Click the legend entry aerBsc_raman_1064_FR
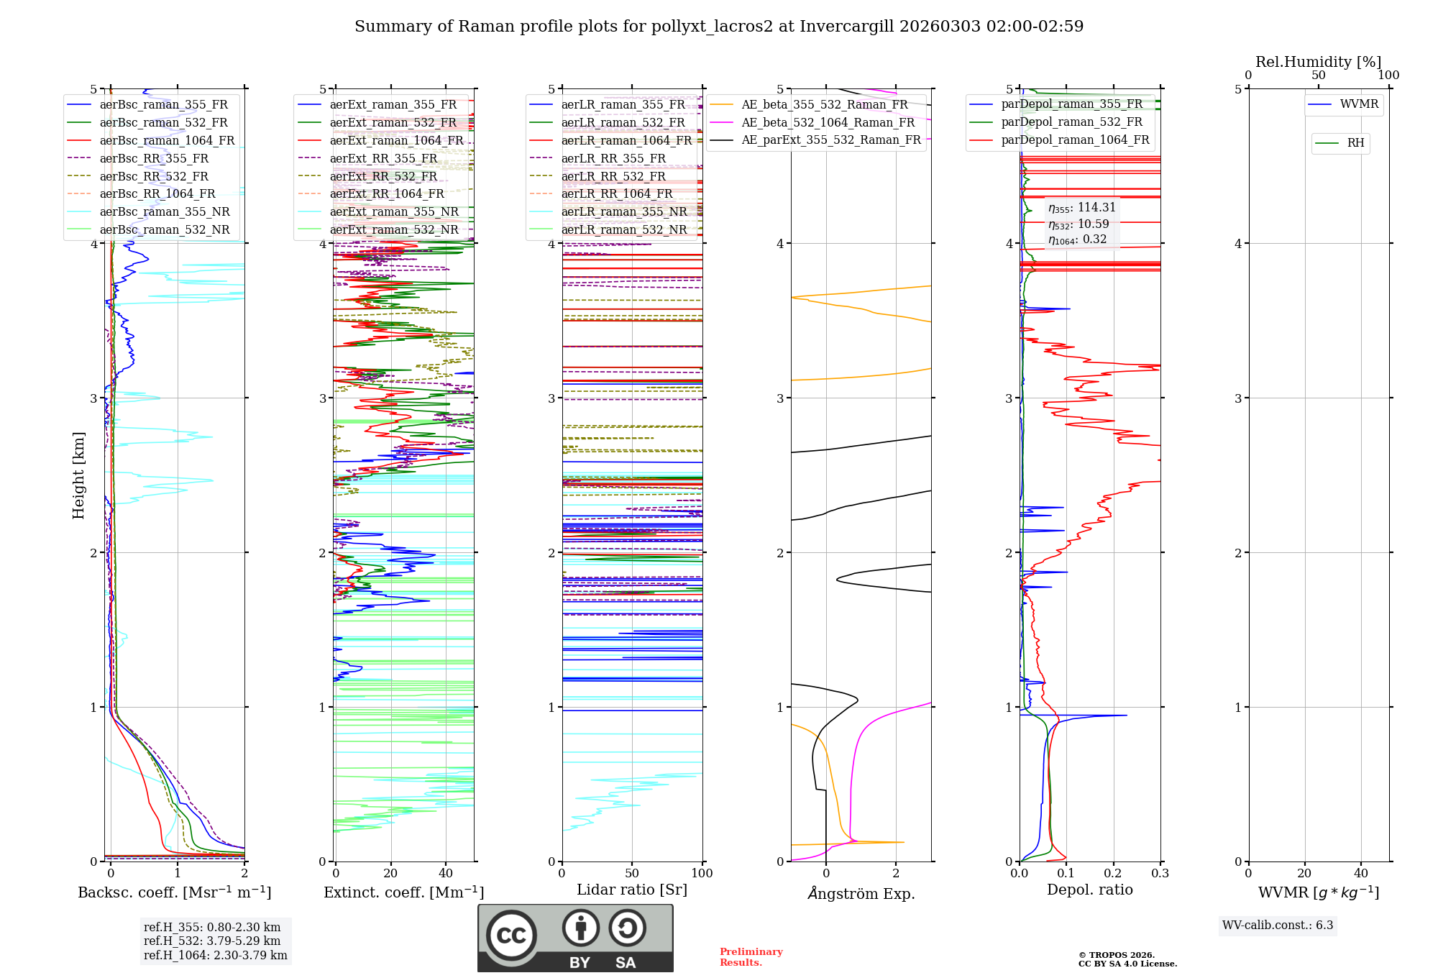167,140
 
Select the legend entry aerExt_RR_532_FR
383,176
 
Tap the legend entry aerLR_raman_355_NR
623,211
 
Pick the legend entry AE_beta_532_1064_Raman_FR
828,122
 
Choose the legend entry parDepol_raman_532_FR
1071,122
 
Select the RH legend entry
1355,143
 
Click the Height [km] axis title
78,475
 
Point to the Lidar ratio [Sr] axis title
632,890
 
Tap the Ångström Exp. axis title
861,893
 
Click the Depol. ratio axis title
1089,890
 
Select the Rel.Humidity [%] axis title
1318,62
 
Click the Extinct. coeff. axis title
403,892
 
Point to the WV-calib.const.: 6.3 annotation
1278,925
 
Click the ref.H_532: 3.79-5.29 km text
212,941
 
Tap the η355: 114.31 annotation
1082,208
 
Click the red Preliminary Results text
751,956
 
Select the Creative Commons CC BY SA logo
575,938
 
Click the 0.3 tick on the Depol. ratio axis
1160,873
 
